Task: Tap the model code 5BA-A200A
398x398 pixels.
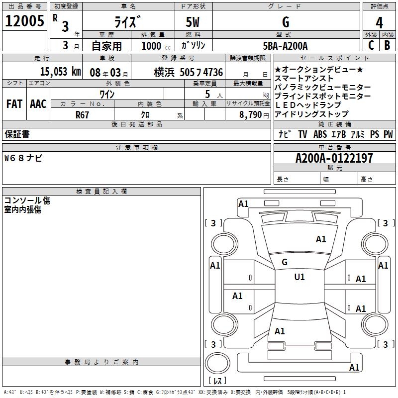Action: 285,46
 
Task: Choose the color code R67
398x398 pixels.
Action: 83,114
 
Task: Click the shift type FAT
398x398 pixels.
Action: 14,104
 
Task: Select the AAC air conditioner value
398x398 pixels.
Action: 38,104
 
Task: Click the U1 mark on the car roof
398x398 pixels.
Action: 299,277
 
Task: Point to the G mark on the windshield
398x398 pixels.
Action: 285,262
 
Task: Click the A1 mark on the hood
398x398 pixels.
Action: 321,239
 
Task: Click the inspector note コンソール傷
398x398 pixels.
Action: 27,200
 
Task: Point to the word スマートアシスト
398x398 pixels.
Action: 304,79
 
